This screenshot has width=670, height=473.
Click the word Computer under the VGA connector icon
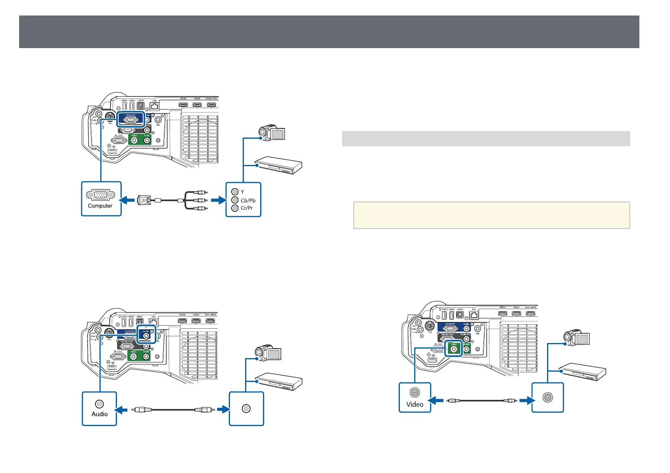click(100, 206)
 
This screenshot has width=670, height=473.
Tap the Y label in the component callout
click(242, 192)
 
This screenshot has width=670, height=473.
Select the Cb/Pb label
click(248, 200)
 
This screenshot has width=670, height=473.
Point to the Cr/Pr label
click(247, 208)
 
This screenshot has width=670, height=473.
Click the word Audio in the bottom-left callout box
click(99, 414)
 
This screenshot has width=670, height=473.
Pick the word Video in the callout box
click(415, 404)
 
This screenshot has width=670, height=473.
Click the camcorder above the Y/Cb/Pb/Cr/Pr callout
click(271, 132)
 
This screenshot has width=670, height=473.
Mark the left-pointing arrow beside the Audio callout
click(121, 409)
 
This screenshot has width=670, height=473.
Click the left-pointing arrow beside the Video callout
click(436, 401)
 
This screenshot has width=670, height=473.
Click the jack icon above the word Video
click(415, 393)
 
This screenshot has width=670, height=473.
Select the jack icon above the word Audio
click(99, 404)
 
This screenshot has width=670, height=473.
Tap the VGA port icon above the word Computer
click(100, 195)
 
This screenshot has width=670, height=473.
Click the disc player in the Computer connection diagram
click(278, 165)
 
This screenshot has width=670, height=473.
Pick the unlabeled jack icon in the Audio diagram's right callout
click(246, 409)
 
